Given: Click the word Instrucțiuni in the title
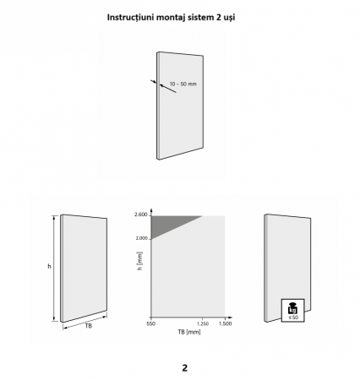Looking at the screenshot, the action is [131, 18].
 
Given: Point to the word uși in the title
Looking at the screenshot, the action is [230, 18].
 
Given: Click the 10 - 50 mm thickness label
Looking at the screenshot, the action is [183, 84].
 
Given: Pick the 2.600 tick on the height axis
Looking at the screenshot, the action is [141, 214].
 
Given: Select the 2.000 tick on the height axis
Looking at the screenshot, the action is [141, 238].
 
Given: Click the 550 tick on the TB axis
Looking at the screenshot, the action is [150, 323].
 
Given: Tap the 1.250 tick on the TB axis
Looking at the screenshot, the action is [202, 323].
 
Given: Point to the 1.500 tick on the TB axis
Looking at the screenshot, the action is [226, 323].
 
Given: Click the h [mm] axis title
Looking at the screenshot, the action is [139, 261].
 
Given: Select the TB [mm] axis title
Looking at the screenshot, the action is [189, 332].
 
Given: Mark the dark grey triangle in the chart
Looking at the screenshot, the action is [166, 224].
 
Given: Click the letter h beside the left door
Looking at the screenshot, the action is [49, 266].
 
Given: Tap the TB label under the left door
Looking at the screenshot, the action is [89, 326].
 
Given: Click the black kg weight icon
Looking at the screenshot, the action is [293, 308].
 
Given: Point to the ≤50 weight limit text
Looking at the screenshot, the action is [293, 318].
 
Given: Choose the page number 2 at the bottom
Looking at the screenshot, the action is [185, 368].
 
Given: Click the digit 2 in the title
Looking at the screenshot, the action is [219, 18].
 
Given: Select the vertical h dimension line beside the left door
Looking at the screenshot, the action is [54, 269].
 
